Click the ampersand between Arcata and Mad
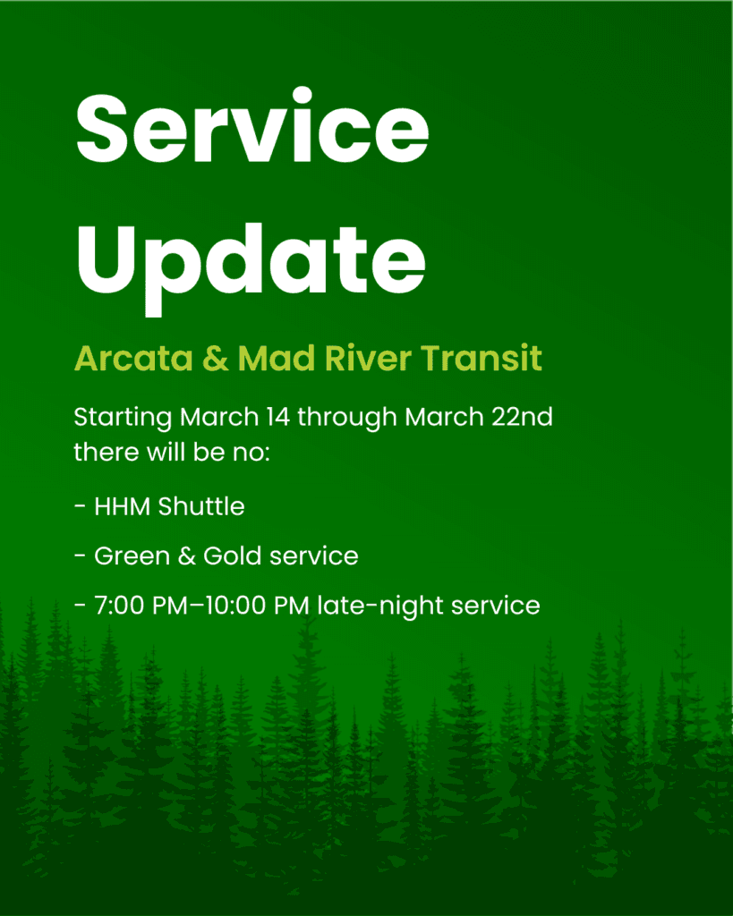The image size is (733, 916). coord(217,359)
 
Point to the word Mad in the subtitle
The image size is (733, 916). coord(270,359)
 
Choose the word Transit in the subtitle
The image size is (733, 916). coord(482,359)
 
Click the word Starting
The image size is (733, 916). coord(123,418)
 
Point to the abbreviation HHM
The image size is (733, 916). coord(124,506)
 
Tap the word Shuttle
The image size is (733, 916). coord(201,506)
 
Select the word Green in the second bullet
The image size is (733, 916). coord(127,556)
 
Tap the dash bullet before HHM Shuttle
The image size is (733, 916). coord(80,507)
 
